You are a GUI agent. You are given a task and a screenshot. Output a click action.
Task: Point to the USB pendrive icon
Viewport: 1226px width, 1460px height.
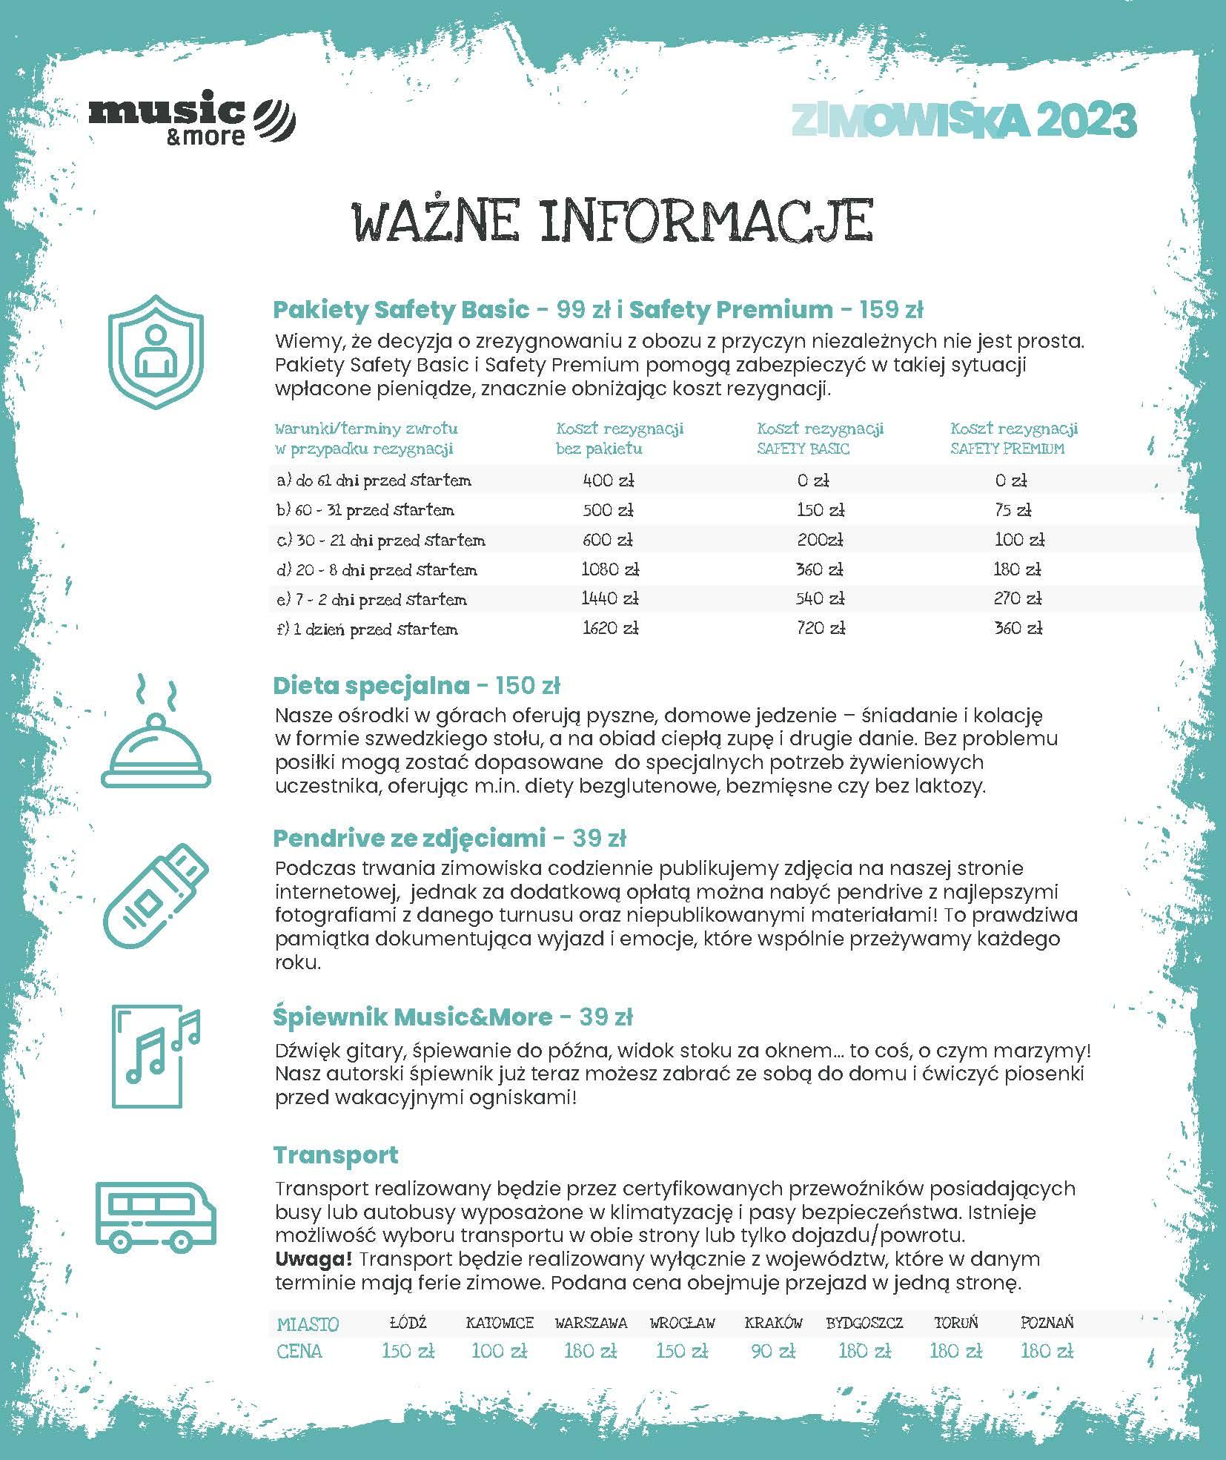tap(156, 896)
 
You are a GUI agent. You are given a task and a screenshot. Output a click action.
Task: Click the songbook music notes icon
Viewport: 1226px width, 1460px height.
tap(156, 1056)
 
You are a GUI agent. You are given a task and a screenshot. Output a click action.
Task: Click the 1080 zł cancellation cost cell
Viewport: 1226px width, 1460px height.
tap(609, 569)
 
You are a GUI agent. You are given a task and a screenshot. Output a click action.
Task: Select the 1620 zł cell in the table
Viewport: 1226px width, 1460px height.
tap(609, 629)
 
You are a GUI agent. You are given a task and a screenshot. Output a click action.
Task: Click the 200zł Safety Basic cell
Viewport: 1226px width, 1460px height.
tap(821, 540)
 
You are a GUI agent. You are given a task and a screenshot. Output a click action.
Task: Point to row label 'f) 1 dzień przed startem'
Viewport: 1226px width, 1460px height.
tap(367, 630)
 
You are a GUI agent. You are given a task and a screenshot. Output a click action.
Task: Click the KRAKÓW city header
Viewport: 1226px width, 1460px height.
tap(773, 1323)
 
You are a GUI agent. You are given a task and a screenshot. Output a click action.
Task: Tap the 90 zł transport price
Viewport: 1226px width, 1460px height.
tap(773, 1351)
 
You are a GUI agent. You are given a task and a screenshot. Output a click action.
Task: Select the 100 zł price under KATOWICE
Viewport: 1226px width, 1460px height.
tap(499, 1351)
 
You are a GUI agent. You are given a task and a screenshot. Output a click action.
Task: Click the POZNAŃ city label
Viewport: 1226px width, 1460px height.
tap(1046, 1323)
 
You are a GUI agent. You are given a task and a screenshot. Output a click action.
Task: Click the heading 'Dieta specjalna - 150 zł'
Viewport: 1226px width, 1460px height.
tap(417, 685)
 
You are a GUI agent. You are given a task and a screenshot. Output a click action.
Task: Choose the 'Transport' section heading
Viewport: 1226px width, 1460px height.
tap(336, 1155)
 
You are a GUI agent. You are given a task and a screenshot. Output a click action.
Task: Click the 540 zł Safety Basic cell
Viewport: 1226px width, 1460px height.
tap(821, 599)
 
